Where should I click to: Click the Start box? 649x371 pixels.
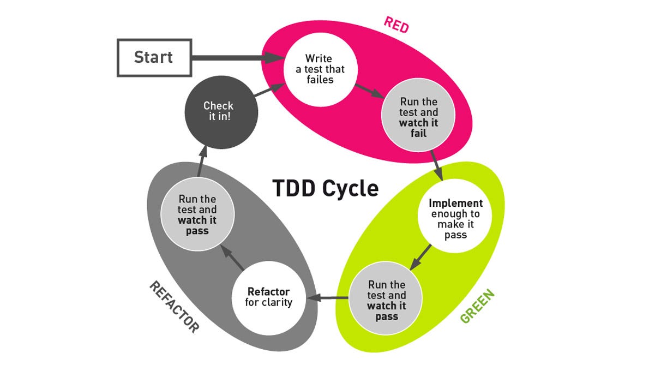pyautogui.click(x=154, y=57)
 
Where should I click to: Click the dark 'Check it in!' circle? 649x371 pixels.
pyautogui.click(x=218, y=111)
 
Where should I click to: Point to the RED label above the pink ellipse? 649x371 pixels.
pyautogui.click(x=396, y=25)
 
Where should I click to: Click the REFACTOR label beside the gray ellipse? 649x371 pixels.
pyautogui.click(x=174, y=307)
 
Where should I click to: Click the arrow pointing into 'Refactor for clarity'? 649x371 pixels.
pyautogui.click(x=329, y=298)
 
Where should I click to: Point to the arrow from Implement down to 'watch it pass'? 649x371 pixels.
pyautogui.click(x=420, y=257)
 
